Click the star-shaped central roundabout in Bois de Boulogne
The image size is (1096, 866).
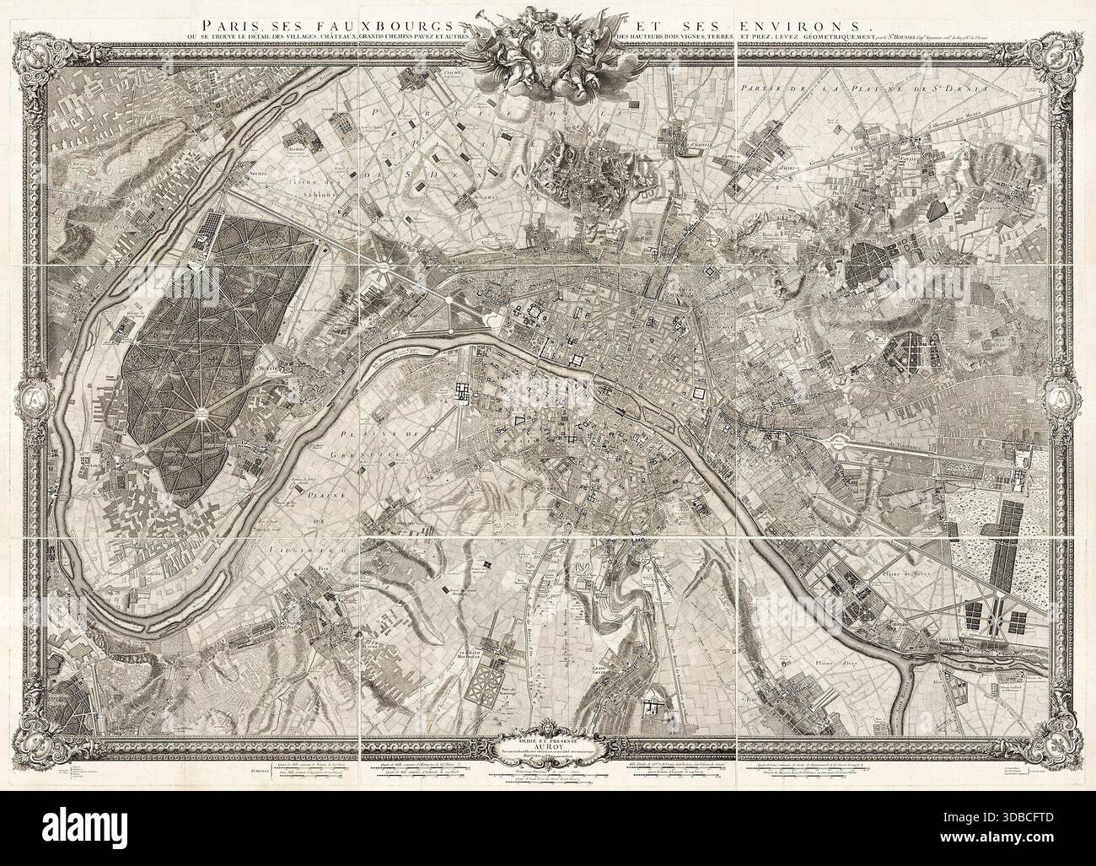coord(203,412)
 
